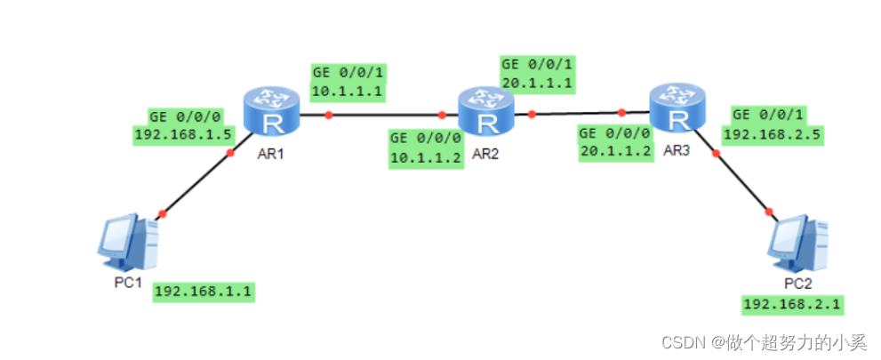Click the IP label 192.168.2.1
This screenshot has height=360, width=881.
[x=793, y=305]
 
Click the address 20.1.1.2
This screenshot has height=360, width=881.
[x=614, y=151]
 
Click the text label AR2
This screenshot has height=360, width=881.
[x=485, y=153]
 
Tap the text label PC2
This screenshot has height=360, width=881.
[x=797, y=284]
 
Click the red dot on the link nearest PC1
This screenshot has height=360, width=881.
[x=162, y=212]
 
